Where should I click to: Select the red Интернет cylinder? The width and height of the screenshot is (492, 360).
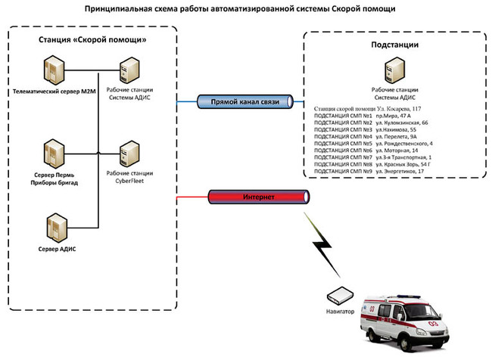[x=257, y=197]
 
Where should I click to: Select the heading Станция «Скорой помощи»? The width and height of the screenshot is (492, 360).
[x=92, y=39]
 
